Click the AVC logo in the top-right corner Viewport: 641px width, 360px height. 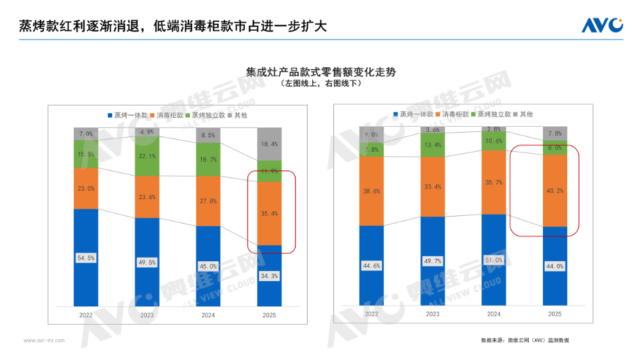click(602, 25)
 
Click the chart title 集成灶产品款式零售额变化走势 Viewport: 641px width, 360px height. click(320, 72)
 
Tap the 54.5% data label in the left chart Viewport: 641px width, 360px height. click(86, 258)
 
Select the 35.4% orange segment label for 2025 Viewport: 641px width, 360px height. click(269, 213)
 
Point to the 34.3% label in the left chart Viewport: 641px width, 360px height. click(269, 275)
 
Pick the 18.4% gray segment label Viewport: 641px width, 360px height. click(269, 145)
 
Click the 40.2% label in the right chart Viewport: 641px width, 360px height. click(555, 190)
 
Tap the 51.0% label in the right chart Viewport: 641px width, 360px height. click(494, 260)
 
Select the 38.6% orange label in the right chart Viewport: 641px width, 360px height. click(372, 191)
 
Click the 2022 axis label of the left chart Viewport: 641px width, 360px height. click(86, 315)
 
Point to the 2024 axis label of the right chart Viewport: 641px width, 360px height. click(494, 314)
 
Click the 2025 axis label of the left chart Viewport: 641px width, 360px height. click(269, 315)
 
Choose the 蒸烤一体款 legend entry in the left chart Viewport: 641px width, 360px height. click(128, 115)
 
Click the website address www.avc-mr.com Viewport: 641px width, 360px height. click(44, 341)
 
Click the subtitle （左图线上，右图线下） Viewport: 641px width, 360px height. click(320, 83)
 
